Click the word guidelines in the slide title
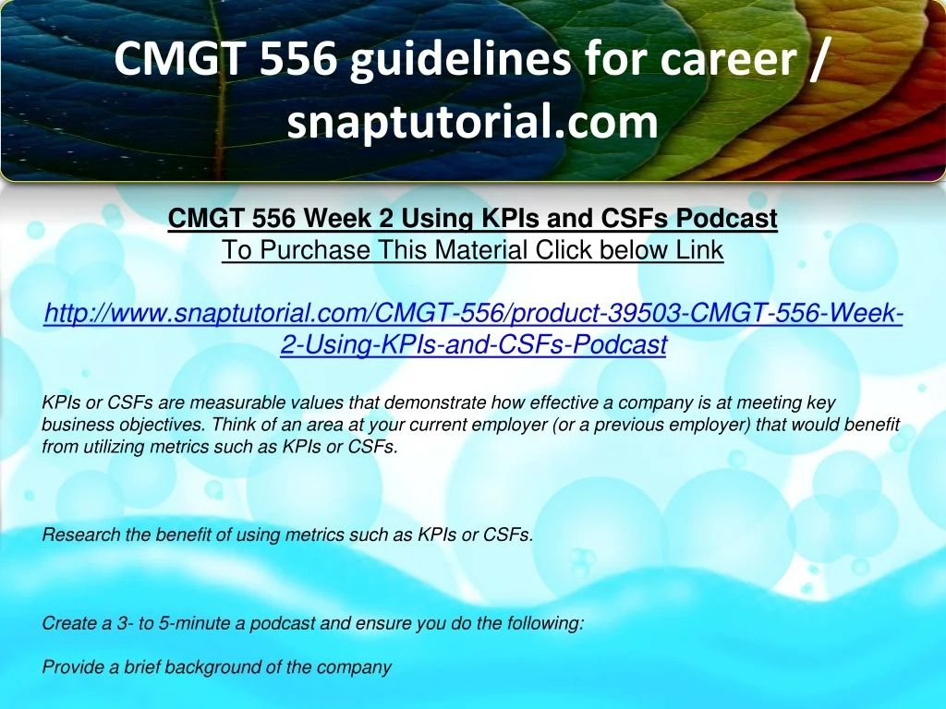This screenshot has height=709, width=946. point(460,60)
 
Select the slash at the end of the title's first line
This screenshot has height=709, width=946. point(815,58)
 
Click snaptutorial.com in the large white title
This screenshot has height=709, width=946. point(472,121)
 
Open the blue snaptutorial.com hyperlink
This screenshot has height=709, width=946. point(474,329)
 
